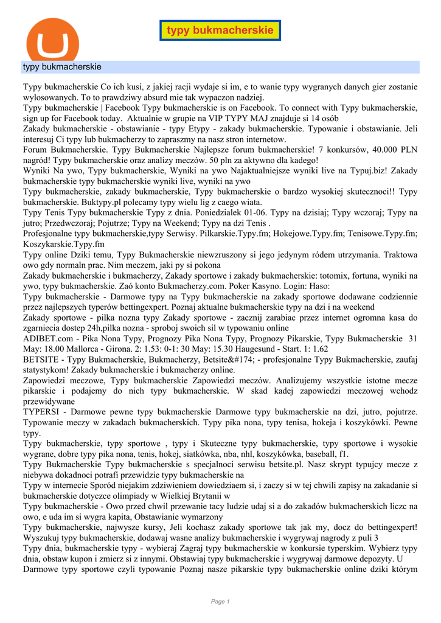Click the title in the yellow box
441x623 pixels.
click(x=220, y=30)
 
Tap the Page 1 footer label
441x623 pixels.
click(x=220, y=602)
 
